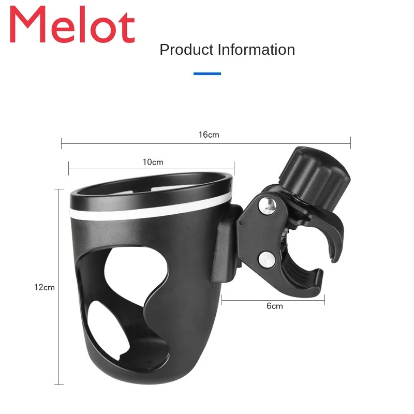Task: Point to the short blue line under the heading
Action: (x=207, y=73)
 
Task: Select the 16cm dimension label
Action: (x=209, y=135)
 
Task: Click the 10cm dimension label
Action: (x=153, y=162)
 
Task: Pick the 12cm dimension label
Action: (x=45, y=287)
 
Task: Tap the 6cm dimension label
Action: (x=275, y=306)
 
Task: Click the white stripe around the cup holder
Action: (x=150, y=208)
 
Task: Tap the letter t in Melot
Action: (x=127, y=27)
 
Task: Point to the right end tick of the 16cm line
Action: (x=351, y=142)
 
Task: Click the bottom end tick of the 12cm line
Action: (x=59, y=385)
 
